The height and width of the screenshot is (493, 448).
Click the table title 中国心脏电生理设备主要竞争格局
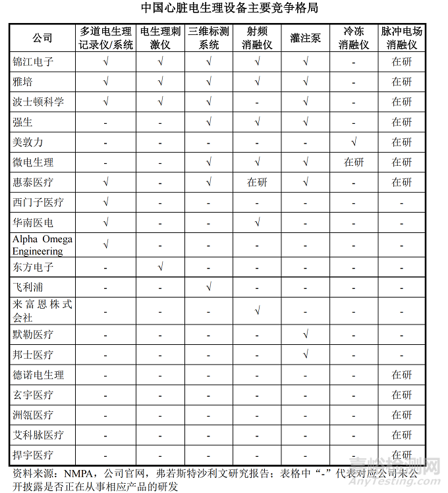pyautogui.click(x=223, y=9)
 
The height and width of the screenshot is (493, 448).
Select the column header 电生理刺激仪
pyautogui.click(x=160, y=38)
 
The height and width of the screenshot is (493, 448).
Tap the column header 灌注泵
pyautogui.click(x=305, y=38)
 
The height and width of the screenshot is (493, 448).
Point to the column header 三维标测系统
pyautogui.click(x=209, y=38)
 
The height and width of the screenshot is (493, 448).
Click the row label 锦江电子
pyautogui.click(x=33, y=63)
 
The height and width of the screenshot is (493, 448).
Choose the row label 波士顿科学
pyautogui.click(x=38, y=102)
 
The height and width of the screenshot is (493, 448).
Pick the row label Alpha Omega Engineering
pyautogui.click(x=42, y=245)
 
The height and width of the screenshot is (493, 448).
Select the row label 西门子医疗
pyautogui.click(x=38, y=202)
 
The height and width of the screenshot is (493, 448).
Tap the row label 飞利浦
pyautogui.click(x=28, y=288)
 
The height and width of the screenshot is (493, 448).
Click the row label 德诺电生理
pyautogui.click(x=38, y=375)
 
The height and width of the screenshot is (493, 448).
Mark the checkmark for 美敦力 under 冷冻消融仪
pyautogui.click(x=354, y=142)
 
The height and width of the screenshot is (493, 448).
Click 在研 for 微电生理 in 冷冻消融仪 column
pyautogui.click(x=354, y=162)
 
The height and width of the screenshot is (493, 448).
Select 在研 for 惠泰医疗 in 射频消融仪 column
pyautogui.click(x=257, y=182)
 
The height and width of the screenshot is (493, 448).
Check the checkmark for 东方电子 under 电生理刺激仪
pyautogui.click(x=160, y=267)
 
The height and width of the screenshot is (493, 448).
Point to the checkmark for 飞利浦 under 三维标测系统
pyautogui.click(x=209, y=286)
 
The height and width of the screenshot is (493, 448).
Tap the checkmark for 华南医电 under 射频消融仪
pyautogui.click(x=257, y=222)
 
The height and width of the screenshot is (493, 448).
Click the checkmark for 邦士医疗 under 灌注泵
pyautogui.click(x=305, y=354)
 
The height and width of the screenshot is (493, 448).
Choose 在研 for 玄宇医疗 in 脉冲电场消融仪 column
pyautogui.click(x=402, y=395)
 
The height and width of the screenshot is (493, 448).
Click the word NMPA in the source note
pyautogui.click(x=79, y=473)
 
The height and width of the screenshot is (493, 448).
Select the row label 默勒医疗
pyautogui.click(x=33, y=334)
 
